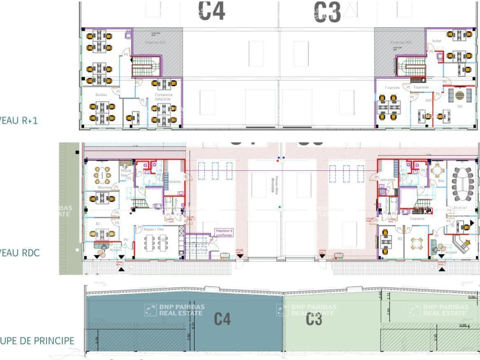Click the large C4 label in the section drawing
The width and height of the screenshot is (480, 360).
coord(222,318)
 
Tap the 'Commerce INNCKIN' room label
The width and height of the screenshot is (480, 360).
coord(164,97)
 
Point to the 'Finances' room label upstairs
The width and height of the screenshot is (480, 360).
coord(392,88)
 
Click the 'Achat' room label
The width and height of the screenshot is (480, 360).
coord(436,41)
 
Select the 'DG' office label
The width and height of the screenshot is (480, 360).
coord(459,106)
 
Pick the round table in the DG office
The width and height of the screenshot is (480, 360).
coord(459,95)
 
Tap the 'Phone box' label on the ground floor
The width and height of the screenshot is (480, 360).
coord(125,173)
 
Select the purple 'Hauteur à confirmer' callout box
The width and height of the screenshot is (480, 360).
coord(224,233)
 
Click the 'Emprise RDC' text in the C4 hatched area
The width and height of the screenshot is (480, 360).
coord(155,42)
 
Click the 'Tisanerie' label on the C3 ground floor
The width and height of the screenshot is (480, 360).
coord(417,219)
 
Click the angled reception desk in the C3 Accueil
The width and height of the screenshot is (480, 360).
coord(461,242)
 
